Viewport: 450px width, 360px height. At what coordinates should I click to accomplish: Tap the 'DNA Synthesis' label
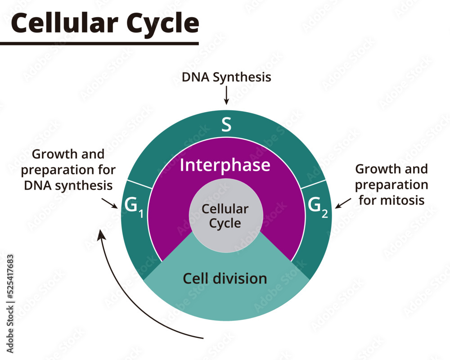226,77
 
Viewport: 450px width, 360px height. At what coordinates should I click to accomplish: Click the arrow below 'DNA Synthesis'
226,95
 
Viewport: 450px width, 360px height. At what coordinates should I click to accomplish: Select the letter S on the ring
226,125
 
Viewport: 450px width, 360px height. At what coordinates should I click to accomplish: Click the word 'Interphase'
225,165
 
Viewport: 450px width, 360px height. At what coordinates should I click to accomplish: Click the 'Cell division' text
225,279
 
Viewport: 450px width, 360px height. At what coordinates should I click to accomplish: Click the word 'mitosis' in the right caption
401,200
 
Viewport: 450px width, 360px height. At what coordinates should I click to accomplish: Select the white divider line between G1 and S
140,184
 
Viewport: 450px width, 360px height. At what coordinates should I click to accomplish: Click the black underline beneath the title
99,43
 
